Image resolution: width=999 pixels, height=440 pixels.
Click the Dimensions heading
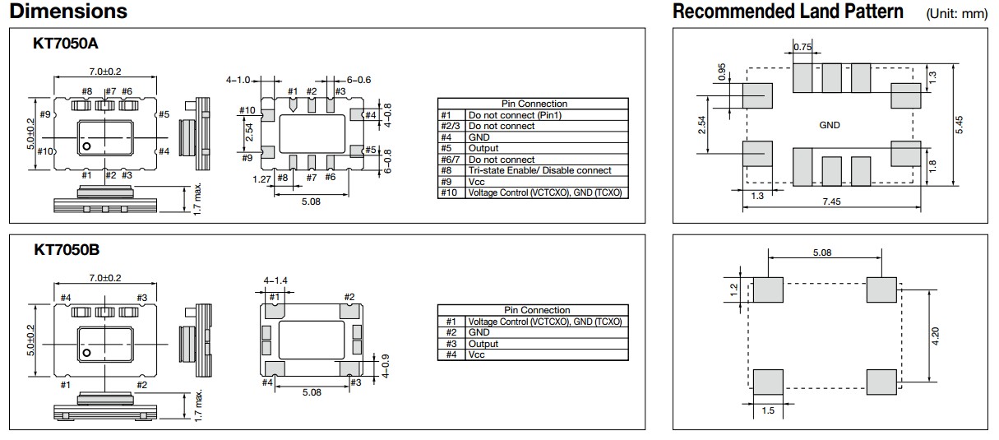[x=68, y=12]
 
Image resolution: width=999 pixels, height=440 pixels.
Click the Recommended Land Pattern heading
[x=787, y=12]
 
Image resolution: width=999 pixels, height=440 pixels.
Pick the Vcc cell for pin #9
[x=476, y=182]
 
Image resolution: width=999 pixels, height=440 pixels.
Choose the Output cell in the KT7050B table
[x=483, y=344]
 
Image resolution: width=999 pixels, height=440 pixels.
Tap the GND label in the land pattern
[x=830, y=125]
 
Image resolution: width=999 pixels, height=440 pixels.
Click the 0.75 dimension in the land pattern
[x=802, y=47]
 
